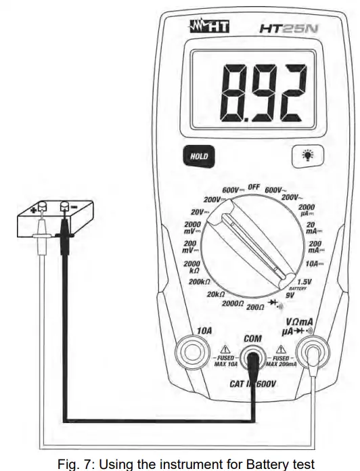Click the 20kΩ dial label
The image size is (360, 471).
[215, 294]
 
